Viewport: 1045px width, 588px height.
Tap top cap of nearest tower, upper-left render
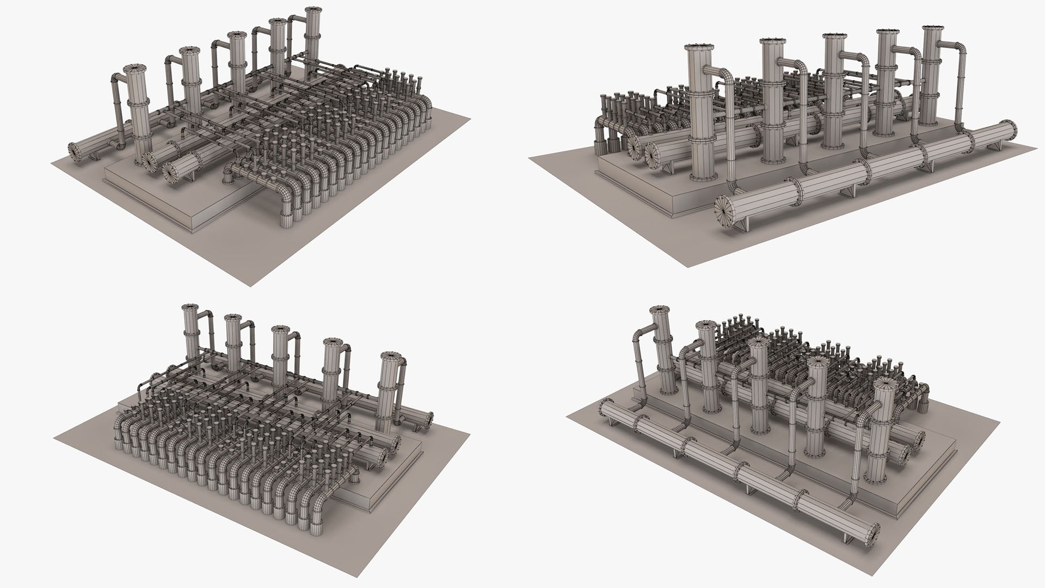(x=134, y=69)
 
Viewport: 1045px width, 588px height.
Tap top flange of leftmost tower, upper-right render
(x=698, y=47)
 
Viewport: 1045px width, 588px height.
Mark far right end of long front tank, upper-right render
(x=1013, y=132)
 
